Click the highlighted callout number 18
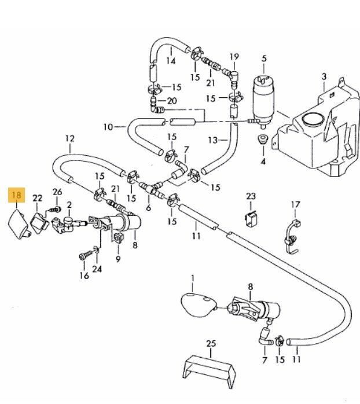[16, 195]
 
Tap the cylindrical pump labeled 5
[263, 101]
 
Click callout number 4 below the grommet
[263, 161]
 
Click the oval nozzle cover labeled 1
[199, 304]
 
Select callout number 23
[251, 197]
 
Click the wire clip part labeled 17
[292, 236]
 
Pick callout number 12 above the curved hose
[70, 138]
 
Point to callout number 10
[108, 127]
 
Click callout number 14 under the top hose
[171, 61]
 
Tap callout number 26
[57, 192]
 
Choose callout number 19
[234, 56]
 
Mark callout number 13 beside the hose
[213, 141]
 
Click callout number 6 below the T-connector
[148, 208]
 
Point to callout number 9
[118, 259]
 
